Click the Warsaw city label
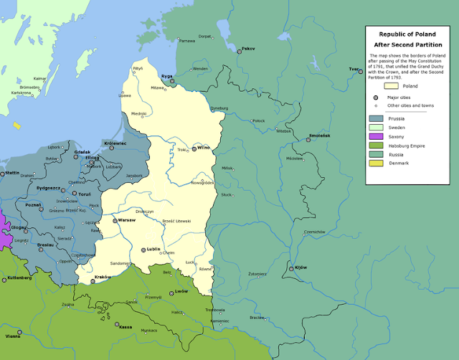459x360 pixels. (x=126, y=220)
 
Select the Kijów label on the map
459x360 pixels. (x=301, y=267)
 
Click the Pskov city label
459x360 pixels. (x=248, y=49)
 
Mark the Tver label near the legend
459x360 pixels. (x=353, y=69)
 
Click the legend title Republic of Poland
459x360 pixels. (x=407, y=33)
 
